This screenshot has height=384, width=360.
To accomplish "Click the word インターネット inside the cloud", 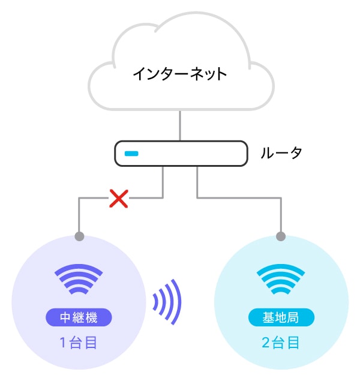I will [179, 74].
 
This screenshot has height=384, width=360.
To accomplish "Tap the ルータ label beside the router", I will [281, 153].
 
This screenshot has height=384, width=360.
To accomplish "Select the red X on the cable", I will [119, 199].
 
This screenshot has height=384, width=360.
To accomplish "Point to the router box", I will [180, 154].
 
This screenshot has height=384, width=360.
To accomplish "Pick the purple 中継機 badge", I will [79, 316].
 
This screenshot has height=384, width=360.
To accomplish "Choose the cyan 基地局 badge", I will [281, 316].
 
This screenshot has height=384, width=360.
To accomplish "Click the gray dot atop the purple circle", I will [79, 236].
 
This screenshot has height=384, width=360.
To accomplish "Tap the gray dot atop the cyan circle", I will [281, 236].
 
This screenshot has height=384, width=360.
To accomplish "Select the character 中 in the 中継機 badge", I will [66, 316].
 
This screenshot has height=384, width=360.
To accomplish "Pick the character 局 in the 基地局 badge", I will [294, 316].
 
